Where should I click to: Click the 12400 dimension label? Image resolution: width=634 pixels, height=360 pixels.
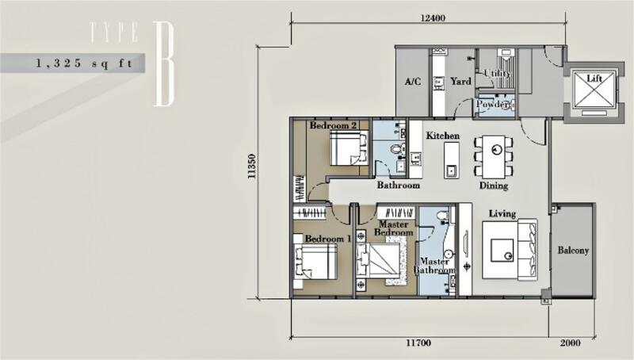tap(433, 17)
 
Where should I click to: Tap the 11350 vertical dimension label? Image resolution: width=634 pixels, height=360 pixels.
tap(252, 167)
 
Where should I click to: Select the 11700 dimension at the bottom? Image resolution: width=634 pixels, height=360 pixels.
tap(418, 343)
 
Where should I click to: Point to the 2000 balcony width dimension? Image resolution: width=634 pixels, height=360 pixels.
tap(570, 343)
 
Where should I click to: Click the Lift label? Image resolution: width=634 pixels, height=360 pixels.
tap(594, 78)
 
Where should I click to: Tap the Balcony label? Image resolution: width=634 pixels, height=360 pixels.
tap(573, 250)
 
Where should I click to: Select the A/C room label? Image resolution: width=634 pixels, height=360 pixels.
tap(412, 82)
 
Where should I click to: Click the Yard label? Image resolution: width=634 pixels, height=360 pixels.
tap(461, 82)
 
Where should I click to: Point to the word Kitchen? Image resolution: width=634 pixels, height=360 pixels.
tap(443, 136)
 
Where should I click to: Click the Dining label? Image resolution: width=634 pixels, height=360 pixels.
tap(494, 186)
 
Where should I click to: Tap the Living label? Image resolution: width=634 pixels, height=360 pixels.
tap(502, 213)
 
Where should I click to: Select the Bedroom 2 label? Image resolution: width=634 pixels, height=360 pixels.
tap(333, 125)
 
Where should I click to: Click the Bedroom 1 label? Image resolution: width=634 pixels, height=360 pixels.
tap(328, 239)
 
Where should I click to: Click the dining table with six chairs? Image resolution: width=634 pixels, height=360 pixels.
tap(494, 157)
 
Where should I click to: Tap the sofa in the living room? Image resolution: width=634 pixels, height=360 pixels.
tap(528, 250)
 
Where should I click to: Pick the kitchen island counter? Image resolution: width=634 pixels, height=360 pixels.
tap(451, 161)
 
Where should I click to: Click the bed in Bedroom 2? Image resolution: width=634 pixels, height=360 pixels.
tap(349, 148)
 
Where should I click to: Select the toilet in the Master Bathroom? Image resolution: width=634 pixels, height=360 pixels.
tap(444, 215)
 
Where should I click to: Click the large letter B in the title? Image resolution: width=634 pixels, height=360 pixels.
tap(164, 64)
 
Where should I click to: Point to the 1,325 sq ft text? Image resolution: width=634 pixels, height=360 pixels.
tap(84, 63)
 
